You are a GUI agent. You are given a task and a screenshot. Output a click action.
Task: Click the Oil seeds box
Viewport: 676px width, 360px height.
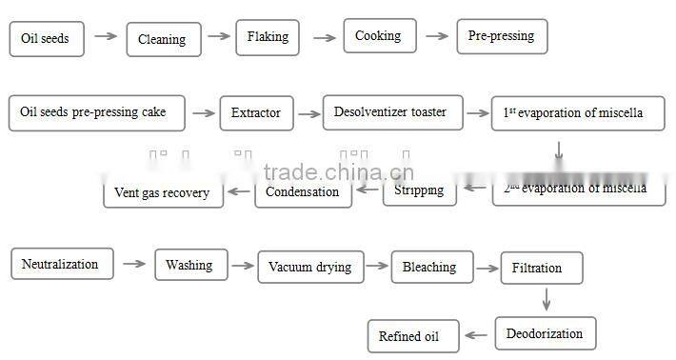coord(47,39)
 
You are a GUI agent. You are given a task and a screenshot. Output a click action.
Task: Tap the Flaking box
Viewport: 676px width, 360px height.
coord(268,37)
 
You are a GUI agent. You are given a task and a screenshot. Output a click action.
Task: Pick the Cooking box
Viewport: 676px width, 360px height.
coord(379,36)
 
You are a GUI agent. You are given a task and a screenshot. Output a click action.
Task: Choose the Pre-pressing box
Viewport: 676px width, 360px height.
coord(501,36)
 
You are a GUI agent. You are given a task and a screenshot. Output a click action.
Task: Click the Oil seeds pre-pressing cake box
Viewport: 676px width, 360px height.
coord(93,112)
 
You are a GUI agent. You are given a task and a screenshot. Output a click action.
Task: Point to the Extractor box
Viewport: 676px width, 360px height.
coord(256,113)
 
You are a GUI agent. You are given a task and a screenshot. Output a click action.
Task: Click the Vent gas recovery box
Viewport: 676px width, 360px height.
coord(163,192)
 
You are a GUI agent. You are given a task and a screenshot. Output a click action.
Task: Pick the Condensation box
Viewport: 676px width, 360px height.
coord(302,191)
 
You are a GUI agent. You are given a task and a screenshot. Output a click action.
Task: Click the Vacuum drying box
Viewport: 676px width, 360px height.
coord(309,267)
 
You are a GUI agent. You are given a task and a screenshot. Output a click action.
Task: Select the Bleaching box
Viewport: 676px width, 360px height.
coord(429,267)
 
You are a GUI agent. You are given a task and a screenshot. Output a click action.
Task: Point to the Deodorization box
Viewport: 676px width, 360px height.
coord(546,333)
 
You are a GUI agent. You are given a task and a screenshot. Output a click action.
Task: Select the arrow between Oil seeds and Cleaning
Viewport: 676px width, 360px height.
coord(107,37)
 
